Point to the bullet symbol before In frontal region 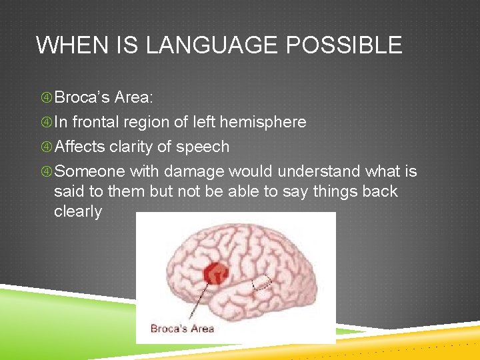46,123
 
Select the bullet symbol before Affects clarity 46,147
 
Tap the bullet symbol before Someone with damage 46,172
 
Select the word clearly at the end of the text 78,212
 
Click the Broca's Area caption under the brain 182,328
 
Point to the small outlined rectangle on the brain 263,283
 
